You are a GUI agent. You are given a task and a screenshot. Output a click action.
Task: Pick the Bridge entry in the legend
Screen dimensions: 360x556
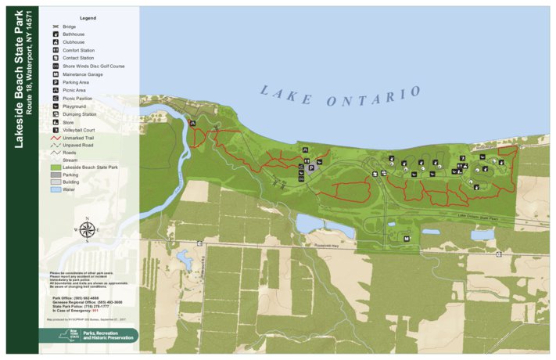[74, 27]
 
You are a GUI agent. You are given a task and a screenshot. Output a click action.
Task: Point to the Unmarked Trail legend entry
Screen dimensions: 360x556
[82, 137]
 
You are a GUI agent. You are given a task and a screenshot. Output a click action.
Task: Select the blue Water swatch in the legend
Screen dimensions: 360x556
[56, 189]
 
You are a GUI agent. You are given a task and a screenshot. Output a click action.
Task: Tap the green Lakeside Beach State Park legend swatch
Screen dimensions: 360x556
[56, 167]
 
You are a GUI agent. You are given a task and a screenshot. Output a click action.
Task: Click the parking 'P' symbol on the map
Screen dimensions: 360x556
[310, 167]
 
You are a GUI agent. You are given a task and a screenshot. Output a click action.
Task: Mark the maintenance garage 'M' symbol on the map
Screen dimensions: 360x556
[407, 237]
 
